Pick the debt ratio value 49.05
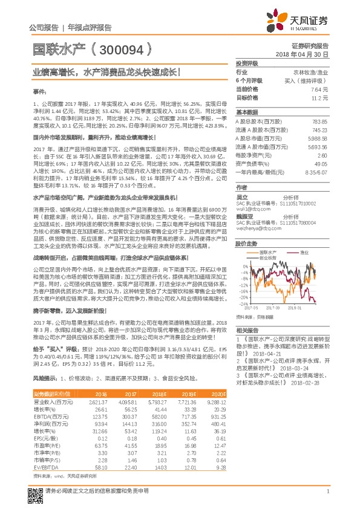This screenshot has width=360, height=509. [x=321, y=163]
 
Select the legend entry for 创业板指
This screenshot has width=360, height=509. [x=269, y=256]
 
